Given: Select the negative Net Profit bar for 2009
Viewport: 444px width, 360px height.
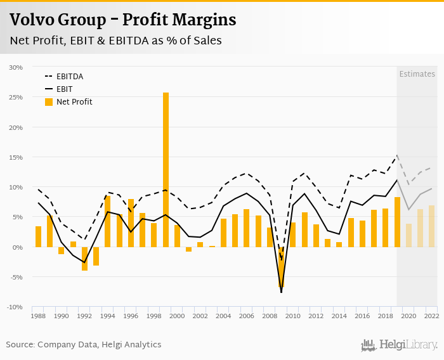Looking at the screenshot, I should point(281,266).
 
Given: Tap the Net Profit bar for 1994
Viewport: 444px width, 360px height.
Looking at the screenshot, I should point(108,221).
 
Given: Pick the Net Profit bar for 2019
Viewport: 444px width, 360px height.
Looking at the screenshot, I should point(397,222).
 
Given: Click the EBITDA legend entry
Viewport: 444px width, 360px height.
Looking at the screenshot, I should point(69,77).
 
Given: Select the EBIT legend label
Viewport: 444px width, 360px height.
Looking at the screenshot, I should point(64,89).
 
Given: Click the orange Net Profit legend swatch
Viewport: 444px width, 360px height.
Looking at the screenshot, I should point(49,101).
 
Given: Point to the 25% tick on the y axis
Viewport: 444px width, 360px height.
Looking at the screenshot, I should point(16,97).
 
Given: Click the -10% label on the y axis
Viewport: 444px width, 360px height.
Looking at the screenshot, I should point(15,307).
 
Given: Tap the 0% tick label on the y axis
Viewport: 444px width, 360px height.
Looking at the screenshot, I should point(17,247).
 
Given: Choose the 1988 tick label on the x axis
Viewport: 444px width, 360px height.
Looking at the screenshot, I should point(38,316).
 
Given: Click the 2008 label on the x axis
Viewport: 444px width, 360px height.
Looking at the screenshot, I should point(270,316).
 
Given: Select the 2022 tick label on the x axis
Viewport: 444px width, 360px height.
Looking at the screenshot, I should point(431,316).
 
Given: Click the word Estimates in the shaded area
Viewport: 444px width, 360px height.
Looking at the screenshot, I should point(417,74).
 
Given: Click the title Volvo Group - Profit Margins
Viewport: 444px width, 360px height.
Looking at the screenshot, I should point(122,20).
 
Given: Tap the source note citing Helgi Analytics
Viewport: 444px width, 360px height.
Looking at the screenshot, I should point(84,345).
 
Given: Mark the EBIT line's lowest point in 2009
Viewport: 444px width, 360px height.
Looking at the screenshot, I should point(281,292).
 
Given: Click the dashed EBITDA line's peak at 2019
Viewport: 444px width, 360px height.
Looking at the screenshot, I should point(397,155).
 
